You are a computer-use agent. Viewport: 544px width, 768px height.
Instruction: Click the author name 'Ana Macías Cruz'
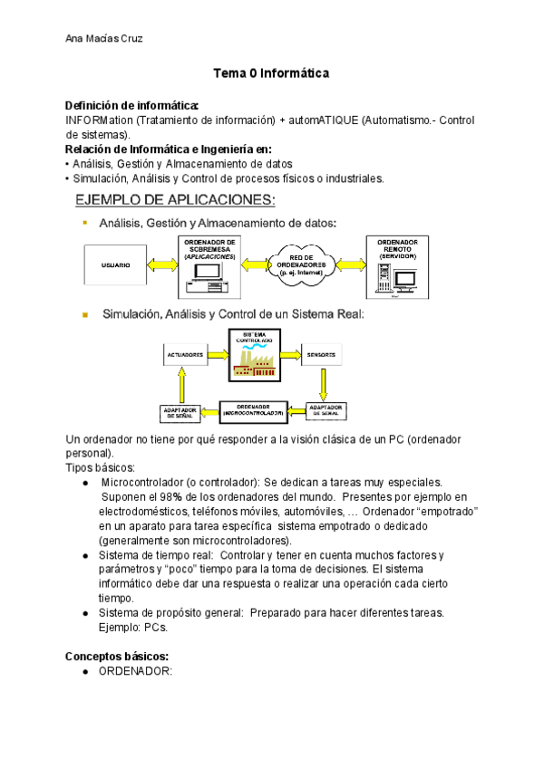coord(104,38)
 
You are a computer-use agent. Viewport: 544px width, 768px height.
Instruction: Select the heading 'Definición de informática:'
coord(131,106)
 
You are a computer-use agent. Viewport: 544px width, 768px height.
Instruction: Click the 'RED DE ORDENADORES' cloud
coord(308,264)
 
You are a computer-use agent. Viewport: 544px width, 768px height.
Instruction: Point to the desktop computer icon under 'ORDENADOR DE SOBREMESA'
coord(209,277)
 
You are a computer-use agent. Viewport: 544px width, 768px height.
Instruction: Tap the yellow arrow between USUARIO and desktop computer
coord(163,264)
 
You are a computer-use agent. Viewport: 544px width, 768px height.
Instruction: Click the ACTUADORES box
coord(185,355)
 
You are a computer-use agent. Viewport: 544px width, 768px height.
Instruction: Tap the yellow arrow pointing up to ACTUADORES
coord(181,387)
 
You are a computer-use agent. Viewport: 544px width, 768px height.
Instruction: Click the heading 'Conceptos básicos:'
coord(117,656)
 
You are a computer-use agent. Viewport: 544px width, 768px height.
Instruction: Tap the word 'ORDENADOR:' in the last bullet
coord(135,671)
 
